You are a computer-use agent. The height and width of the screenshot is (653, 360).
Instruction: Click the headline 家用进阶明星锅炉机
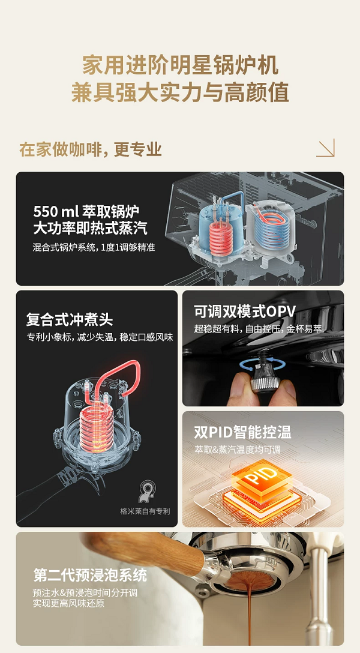tap(180, 65)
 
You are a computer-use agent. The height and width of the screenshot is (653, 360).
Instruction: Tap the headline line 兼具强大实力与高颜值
tap(180, 92)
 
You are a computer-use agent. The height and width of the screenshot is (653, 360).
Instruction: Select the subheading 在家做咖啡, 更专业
tap(91, 149)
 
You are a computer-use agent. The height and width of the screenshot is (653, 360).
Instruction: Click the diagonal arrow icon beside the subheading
tap(325, 148)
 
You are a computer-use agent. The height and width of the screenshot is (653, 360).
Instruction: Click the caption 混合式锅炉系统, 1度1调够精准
tap(94, 247)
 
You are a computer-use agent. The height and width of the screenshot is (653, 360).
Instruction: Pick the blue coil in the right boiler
tap(269, 229)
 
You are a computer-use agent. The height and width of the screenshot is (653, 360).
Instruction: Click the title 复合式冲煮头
tap(70, 320)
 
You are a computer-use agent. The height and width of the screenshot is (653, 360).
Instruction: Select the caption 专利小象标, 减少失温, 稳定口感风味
tap(100, 337)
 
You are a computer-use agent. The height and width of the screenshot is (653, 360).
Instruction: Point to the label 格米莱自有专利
tap(145, 511)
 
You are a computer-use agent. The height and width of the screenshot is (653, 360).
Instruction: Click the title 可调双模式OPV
tap(245, 311)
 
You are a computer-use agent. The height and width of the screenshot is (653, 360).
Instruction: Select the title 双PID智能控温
tap(242, 432)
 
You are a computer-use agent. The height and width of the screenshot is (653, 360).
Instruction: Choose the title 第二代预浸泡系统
tap(91, 576)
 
